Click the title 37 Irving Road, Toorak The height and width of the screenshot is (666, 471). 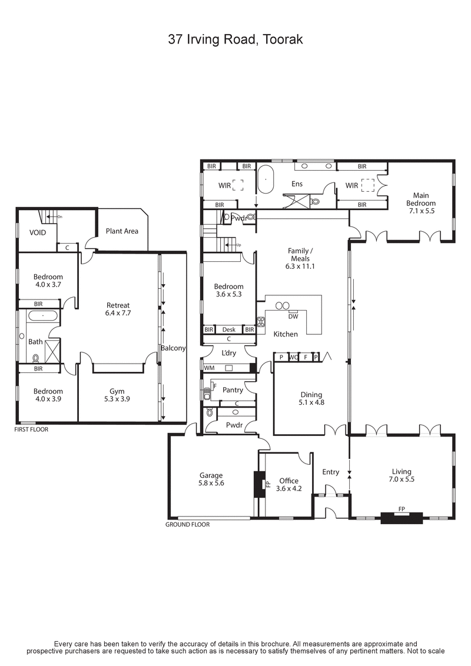pyautogui.click(x=235, y=39)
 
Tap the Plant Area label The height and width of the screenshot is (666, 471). pyautogui.click(x=122, y=231)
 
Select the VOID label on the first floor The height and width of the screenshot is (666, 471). pyautogui.click(x=38, y=232)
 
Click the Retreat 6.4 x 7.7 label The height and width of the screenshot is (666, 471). pyautogui.click(x=118, y=309)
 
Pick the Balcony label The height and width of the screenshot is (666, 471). pyautogui.click(x=173, y=348)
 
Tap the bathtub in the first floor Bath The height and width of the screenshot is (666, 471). pyautogui.click(x=42, y=316)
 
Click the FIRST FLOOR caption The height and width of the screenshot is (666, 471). pyautogui.click(x=32, y=429)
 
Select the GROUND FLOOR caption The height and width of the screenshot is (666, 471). pyautogui.click(x=187, y=524)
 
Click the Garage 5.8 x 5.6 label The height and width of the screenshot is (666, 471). pyautogui.click(x=211, y=479)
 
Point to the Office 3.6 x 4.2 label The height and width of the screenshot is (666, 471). pyautogui.click(x=289, y=484)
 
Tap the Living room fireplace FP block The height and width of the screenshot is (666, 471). pyautogui.click(x=402, y=517)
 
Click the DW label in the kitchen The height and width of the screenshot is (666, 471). pyautogui.click(x=293, y=316)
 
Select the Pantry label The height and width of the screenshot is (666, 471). pyautogui.click(x=233, y=390)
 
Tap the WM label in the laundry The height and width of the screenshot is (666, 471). pyautogui.click(x=208, y=368)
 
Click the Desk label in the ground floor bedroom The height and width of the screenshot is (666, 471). pyautogui.click(x=228, y=330)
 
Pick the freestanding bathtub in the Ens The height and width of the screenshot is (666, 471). pyautogui.click(x=265, y=181)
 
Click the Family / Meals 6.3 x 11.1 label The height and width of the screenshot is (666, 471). pyautogui.click(x=300, y=258)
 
